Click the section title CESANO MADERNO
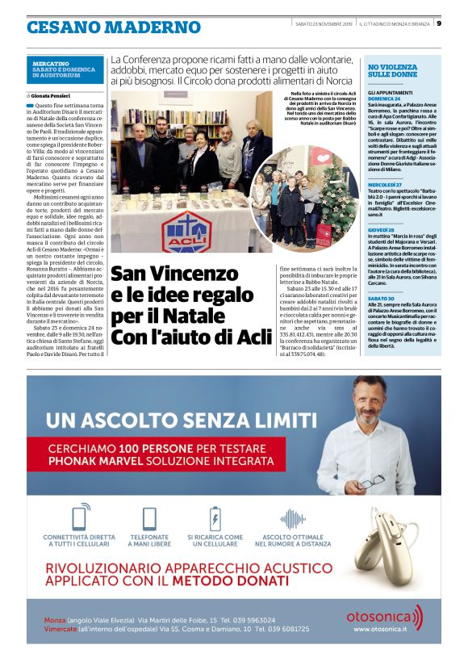(x=113, y=27)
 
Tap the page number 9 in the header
(x=439, y=23)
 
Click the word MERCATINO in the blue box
(x=51, y=63)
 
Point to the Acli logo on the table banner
(x=186, y=228)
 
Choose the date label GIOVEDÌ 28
(x=382, y=229)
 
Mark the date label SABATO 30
(x=382, y=298)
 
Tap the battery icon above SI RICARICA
(x=215, y=517)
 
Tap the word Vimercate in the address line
(x=65, y=629)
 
